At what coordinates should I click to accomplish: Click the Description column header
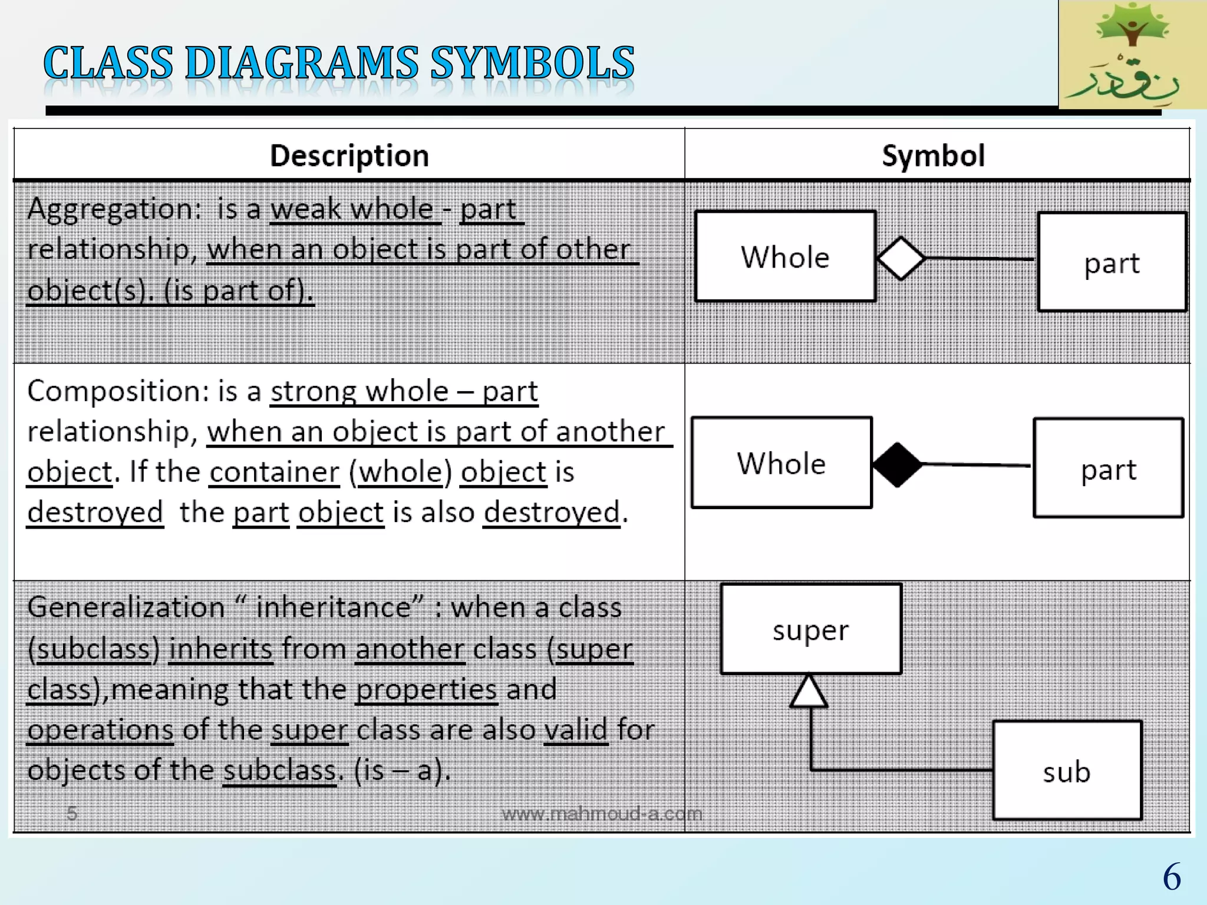click(349, 156)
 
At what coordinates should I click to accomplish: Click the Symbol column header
click(933, 156)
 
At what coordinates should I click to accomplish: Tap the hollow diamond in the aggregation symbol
click(901, 258)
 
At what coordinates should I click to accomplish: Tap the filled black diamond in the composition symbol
click(897, 464)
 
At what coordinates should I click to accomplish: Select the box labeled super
click(811, 629)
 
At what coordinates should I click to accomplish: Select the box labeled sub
click(1067, 771)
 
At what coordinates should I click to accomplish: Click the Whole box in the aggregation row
click(785, 257)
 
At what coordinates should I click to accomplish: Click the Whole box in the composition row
click(781, 463)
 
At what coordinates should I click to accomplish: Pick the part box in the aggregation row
click(1112, 262)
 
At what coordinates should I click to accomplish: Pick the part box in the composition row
click(1108, 468)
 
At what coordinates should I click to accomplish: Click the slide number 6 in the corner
click(1172, 877)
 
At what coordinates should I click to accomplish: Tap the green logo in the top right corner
click(1132, 54)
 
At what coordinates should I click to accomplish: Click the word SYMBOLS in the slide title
click(532, 63)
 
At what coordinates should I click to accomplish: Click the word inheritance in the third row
click(333, 608)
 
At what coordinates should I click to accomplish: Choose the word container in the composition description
click(275, 473)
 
